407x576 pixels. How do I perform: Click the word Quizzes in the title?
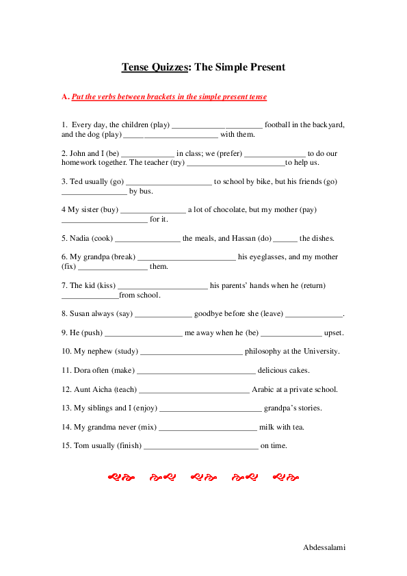tap(169, 67)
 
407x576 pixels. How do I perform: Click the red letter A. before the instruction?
tap(66, 97)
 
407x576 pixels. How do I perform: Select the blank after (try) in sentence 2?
tap(235, 163)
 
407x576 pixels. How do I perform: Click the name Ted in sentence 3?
tap(76, 181)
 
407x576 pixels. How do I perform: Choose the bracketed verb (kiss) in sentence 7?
tap(108, 285)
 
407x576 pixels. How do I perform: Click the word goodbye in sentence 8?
tap(211, 313)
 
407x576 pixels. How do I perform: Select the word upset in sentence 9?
tap(333, 332)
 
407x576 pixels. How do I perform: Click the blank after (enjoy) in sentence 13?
tap(210, 408)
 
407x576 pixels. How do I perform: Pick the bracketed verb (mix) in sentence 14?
tap(147, 427)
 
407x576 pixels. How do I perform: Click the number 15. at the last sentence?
tap(66, 445)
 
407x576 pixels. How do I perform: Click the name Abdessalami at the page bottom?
tap(324, 548)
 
